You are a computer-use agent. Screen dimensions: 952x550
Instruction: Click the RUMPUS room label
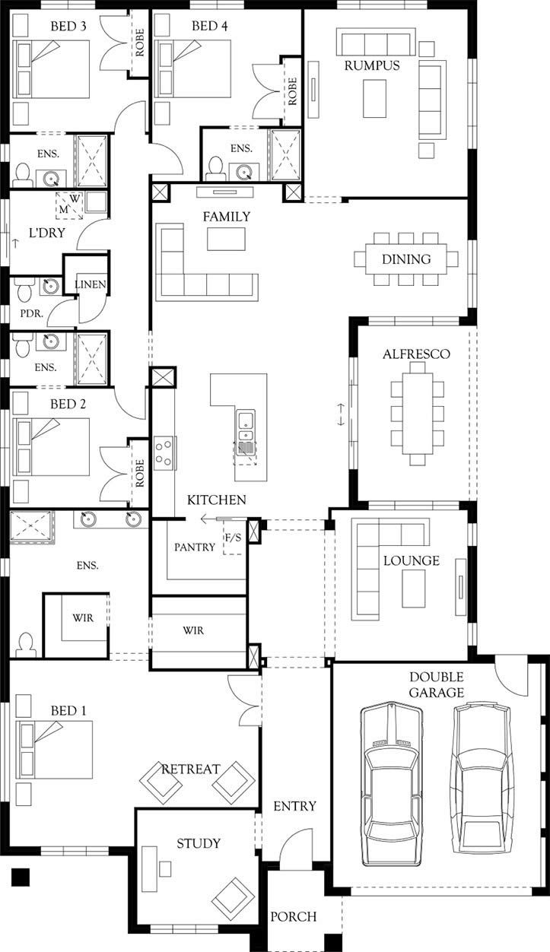click(x=372, y=65)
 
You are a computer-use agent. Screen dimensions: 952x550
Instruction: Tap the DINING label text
click(x=406, y=259)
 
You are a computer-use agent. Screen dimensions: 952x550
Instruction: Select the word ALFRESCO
click(x=416, y=354)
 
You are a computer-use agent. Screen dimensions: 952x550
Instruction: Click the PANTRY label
click(x=195, y=547)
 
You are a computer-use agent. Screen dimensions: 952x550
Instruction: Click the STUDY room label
click(x=199, y=843)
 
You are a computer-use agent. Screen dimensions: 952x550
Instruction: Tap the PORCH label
click(x=294, y=917)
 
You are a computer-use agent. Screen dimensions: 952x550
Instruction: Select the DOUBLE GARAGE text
click(x=437, y=684)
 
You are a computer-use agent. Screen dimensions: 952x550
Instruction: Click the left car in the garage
click(x=391, y=783)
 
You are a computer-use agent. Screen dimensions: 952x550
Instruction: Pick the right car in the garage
click(x=482, y=779)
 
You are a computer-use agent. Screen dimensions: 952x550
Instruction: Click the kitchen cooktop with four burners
click(x=164, y=452)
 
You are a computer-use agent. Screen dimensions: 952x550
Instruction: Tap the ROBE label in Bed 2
click(x=139, y=472)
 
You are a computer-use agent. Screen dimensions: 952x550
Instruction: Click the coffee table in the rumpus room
click(x=374, y=98)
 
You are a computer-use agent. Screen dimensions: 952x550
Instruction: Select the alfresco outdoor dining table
click(x=417, y=414)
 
